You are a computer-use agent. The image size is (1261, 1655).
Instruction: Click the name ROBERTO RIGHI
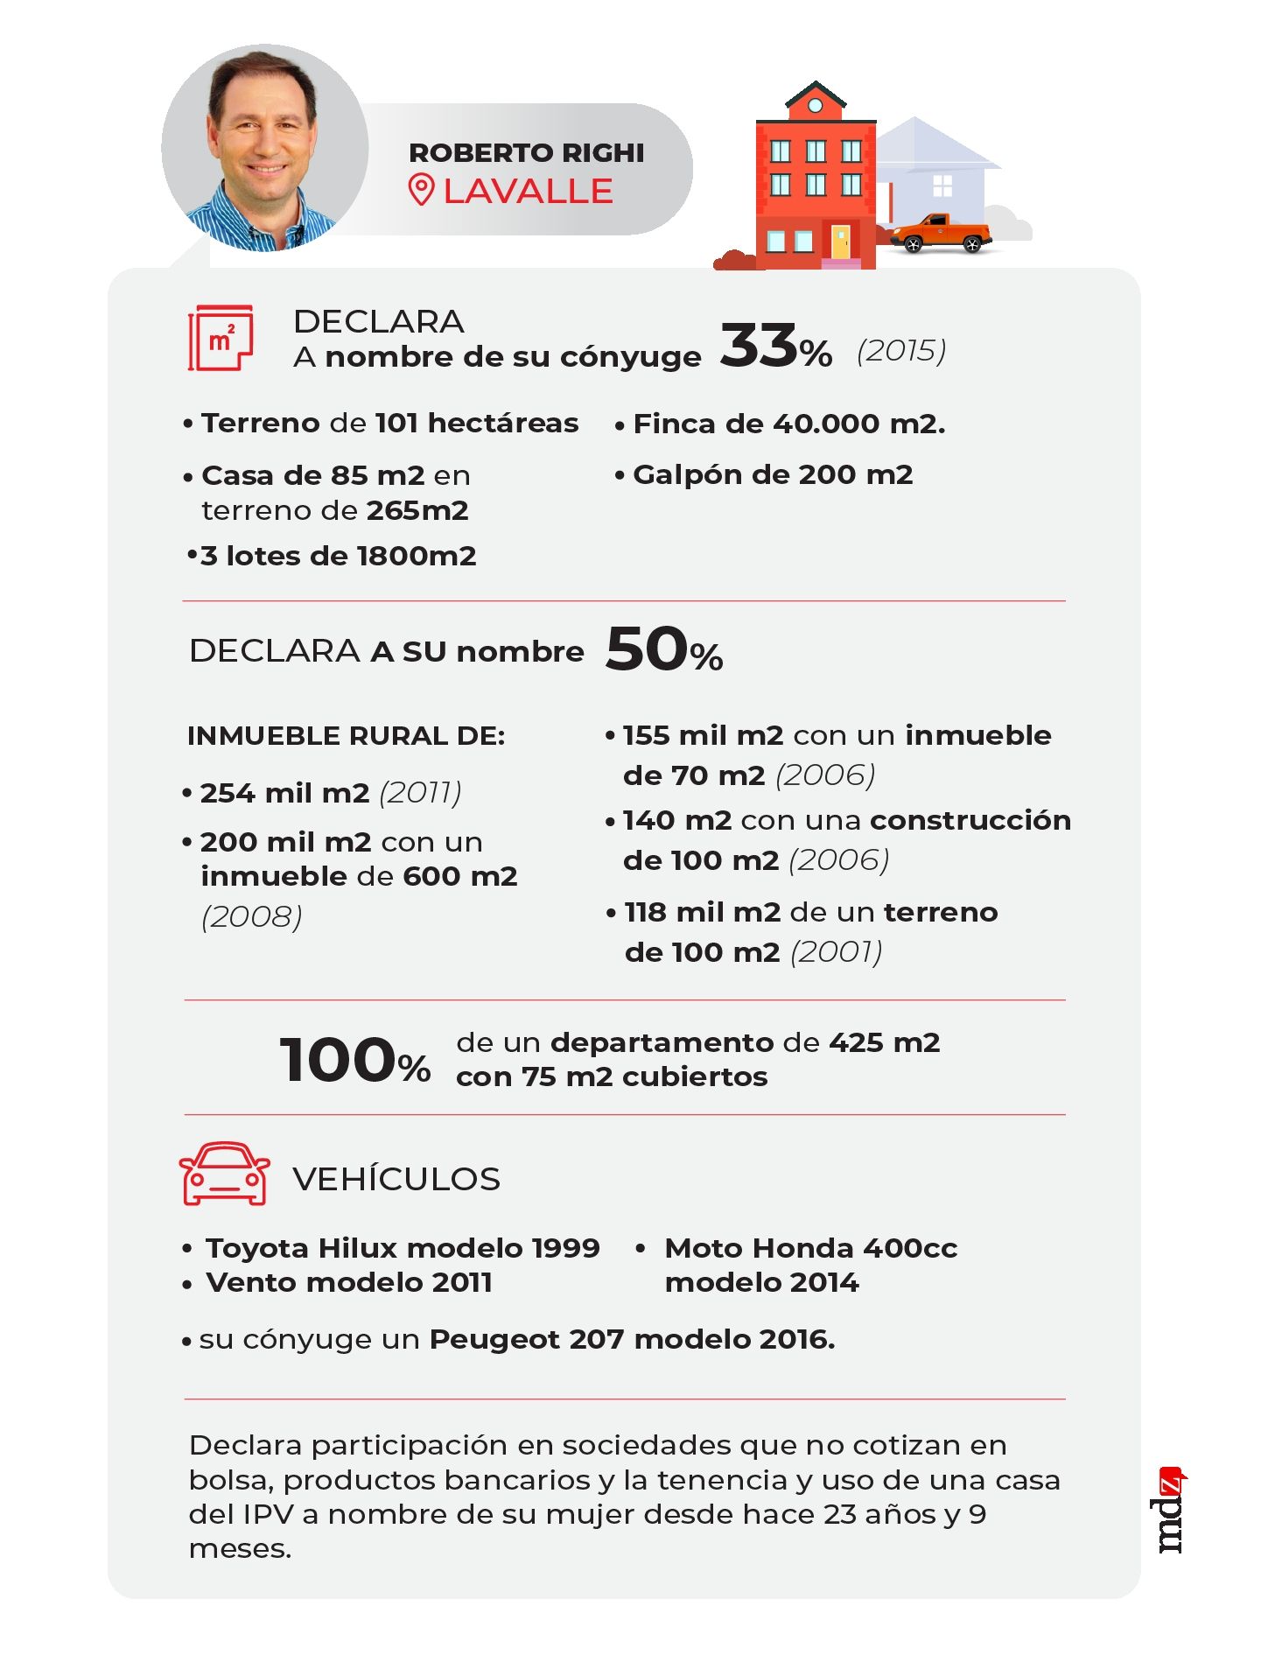pyautogui.click(x=526, y=153)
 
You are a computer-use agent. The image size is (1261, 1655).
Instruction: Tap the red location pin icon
pyautogui.click(x=421, y=190)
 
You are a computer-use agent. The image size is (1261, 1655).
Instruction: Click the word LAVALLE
pyautogui.click(x=528, y=192)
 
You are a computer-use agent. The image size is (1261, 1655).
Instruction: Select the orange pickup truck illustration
pyautogui.click(x=940, y=233)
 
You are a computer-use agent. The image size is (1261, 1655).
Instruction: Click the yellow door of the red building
pyautogui.click(x=839, y=242)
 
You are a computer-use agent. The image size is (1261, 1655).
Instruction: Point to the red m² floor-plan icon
pyautogui.click(x=221, y=338)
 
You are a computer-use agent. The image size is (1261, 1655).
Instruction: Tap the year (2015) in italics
pyautogui.click(x=901, y=351)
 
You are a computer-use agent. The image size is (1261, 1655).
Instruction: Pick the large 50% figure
pyautogui.click(x=663, y=650)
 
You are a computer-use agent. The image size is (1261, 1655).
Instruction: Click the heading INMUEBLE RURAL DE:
pyautogui.click(x=346, y=736)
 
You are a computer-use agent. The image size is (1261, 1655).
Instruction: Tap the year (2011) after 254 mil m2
pyautogui.click(x=420, y=793)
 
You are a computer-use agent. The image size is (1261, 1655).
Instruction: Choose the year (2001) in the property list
pyautogui.click(x=836, y=952)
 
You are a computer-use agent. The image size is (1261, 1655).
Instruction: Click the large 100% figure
pyautogui.click(x=354, y=1061)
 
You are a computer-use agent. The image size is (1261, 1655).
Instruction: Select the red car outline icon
pyautogui.click(x=224, y=1174)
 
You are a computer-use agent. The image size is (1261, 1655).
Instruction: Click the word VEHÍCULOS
pyautogui.click(x=396, y=1179)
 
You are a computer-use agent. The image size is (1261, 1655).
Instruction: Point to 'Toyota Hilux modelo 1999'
pyautogui.click(x=403, y=1248)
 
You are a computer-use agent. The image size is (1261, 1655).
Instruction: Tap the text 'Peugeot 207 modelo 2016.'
pyautogui.click(x=632, y=1339)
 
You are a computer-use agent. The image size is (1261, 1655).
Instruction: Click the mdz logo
pyautogui.click(x=1171, y=1512)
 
